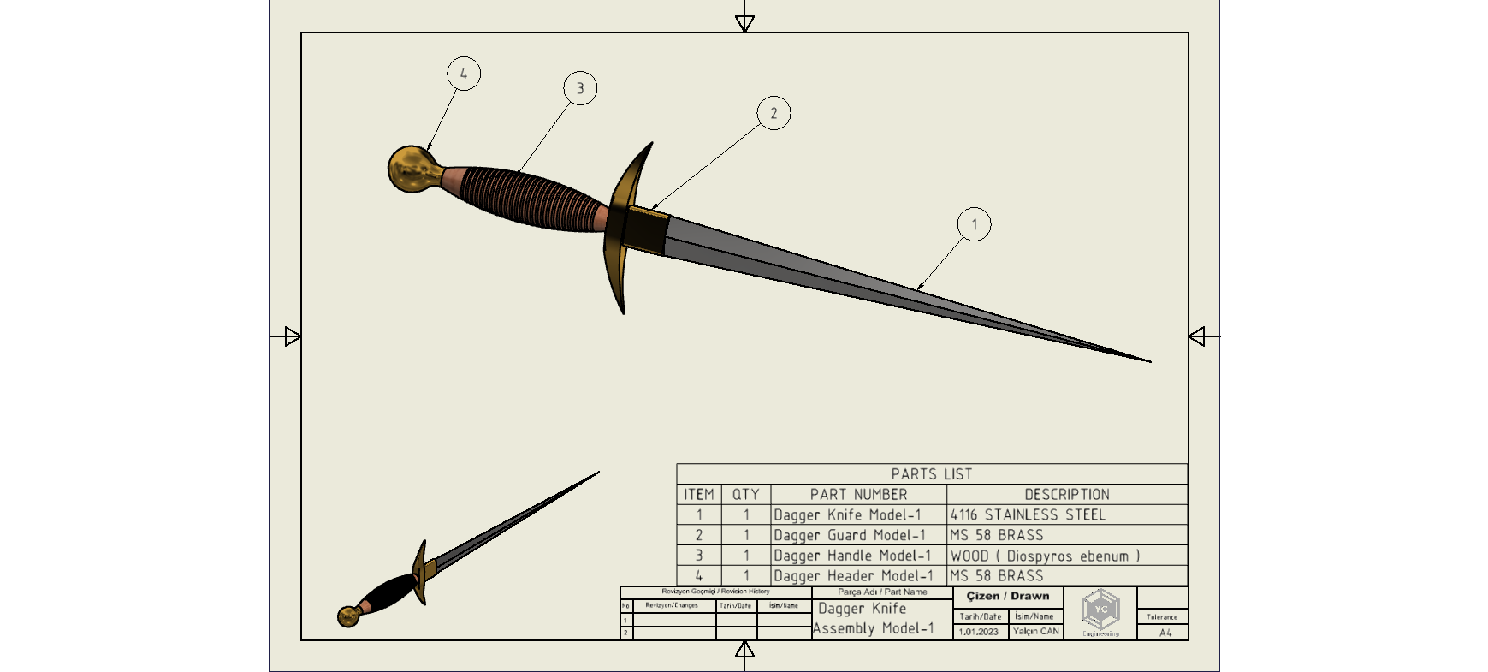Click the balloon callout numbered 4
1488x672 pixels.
pyautogui.click(x=464, y=74)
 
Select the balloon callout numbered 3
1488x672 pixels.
pyautogui.click(x=580, y=88)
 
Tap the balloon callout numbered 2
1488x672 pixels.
pyautogui.click(x=774, y=113)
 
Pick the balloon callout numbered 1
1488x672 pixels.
pyautogui.click(x=974, y=224)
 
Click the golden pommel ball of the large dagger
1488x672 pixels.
pyautogui.click(x=411, y=168)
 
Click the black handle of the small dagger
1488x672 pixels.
pyautogui.click(x=390, y=591)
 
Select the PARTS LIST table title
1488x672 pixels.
pyautogui.click(x=932, y=474)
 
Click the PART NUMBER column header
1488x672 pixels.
pyautogui.click(x=858, y=495)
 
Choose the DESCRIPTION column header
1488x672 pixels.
pyautogui.click(x=1067, y=495)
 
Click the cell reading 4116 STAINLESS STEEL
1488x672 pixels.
pyautogui.click(x=1028, y=515)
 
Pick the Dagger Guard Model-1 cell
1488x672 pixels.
pyautogui.click(x=849, y=536)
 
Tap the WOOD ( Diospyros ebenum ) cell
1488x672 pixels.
pyautogui.click(x=1045, y=556)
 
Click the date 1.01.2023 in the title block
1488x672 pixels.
pyautogui.click(x=978, y=632)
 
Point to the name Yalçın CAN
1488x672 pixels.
pyautogui.click(x=1035, y=632)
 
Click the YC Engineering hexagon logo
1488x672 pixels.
pyautogui.click(x=1100, y=610)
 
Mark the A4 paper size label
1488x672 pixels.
pyautogui.click(x=1165, y=633)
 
